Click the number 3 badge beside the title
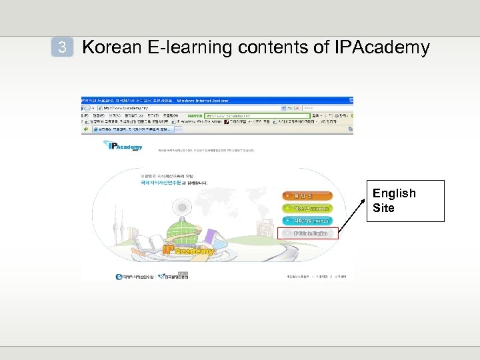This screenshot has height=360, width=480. point(62,47)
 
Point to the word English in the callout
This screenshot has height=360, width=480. point(394,193)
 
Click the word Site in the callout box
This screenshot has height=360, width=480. point(383,208)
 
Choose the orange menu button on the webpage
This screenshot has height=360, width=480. point(306,196)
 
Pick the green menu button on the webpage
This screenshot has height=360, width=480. point(306,208)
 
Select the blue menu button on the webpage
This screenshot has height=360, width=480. point(306,221)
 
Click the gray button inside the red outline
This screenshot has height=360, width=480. point(306,233)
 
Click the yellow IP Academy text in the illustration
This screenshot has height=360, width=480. point(189,249)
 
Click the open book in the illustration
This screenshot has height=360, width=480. point(147,241)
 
